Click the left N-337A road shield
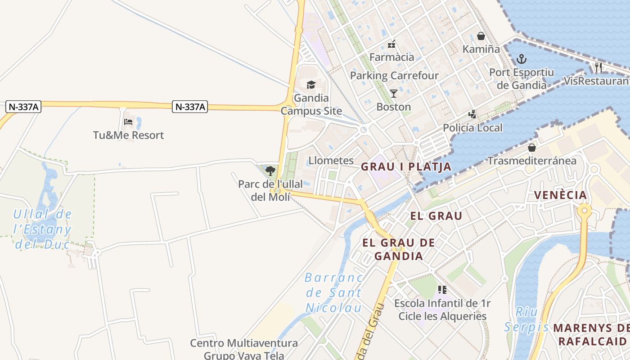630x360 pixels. tap(23, 107)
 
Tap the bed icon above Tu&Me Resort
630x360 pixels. tap(128, 121)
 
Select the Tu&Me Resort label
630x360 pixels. tap(128, 135)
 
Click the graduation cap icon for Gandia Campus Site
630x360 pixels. tap(311, 85)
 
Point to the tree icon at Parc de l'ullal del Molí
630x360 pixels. tap(270, 171)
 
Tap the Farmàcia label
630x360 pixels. tap(391, 57)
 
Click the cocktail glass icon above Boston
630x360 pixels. tap(394, 94)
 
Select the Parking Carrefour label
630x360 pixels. tap(394, 75)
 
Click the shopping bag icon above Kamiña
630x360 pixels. tap(481, 36)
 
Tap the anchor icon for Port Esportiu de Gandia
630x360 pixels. tap(521, 58)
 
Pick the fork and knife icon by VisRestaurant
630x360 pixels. tap(598, 67)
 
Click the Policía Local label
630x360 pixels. tap(472, 128)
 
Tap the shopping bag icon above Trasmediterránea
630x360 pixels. tap(531, 147)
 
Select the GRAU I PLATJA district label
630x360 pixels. tap(406, 166)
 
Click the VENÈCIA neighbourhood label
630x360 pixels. tap(560, 195)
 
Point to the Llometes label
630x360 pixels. tap(331, 161)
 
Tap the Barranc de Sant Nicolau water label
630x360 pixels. tap(334, 292)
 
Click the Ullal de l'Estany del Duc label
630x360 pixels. tap(42, 229)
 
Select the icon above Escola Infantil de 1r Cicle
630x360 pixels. tap(442, 290)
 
